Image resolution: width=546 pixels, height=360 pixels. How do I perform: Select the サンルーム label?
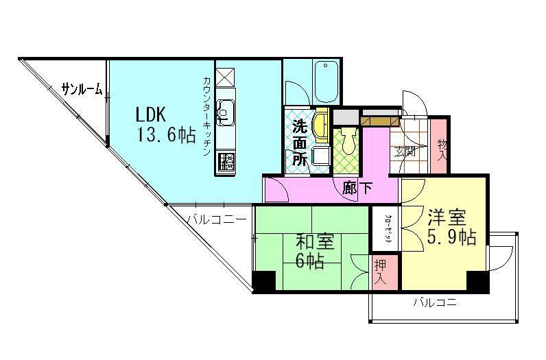click(82, 88)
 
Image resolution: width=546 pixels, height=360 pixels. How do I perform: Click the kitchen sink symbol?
click(225, 110)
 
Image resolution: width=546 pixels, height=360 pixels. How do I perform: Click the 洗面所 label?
click(300, 142)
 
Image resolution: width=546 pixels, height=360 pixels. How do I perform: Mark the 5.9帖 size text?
click(451, 239)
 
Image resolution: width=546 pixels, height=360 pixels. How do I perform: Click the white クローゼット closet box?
click(387, 230)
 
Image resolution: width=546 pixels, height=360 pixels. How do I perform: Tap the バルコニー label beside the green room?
click(217, 220)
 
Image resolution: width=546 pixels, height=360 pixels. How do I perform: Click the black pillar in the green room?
click(263, 281)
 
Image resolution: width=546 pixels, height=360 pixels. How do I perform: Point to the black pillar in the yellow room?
click(477, 281)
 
